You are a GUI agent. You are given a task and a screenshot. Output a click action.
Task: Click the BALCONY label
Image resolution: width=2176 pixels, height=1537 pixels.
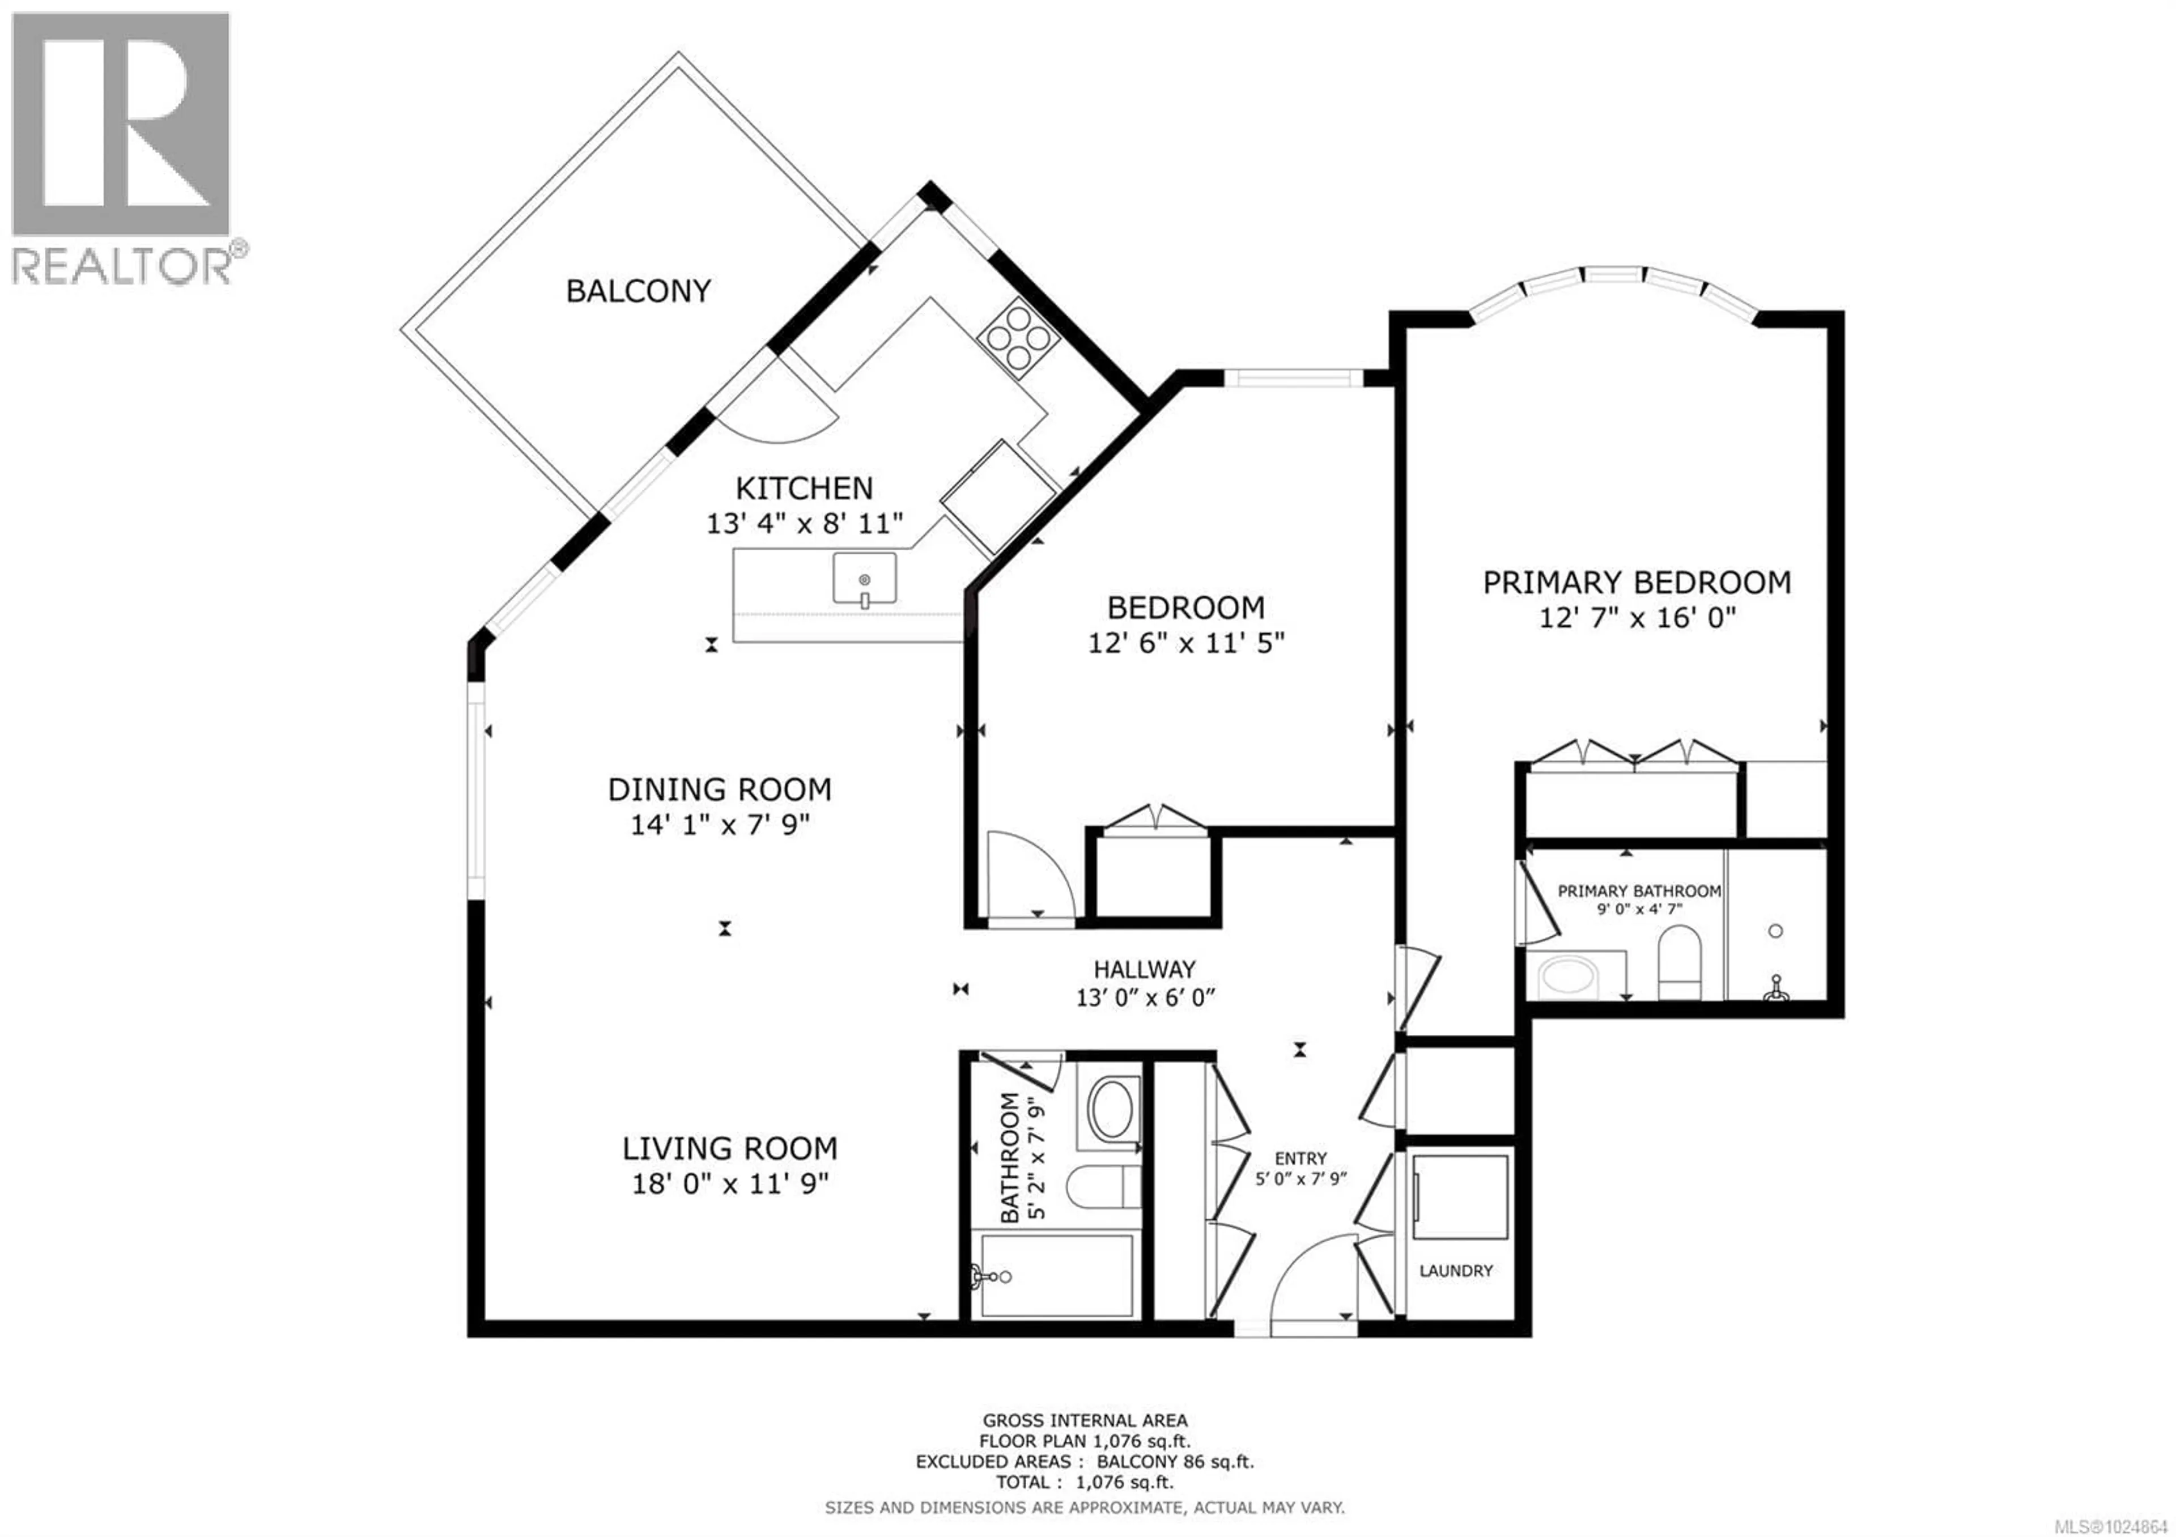coord(638,291)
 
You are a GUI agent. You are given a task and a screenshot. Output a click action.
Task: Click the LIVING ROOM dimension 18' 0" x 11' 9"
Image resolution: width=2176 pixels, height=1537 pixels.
coord(730,1183)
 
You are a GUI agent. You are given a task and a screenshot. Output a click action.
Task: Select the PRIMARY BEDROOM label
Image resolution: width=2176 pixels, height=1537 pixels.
coord(1636,582)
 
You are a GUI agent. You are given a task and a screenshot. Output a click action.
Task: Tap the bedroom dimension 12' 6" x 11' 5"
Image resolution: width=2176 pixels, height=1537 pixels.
coord(1185,643)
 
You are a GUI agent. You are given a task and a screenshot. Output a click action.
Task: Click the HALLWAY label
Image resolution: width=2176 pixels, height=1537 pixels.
coord(1144,969)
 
